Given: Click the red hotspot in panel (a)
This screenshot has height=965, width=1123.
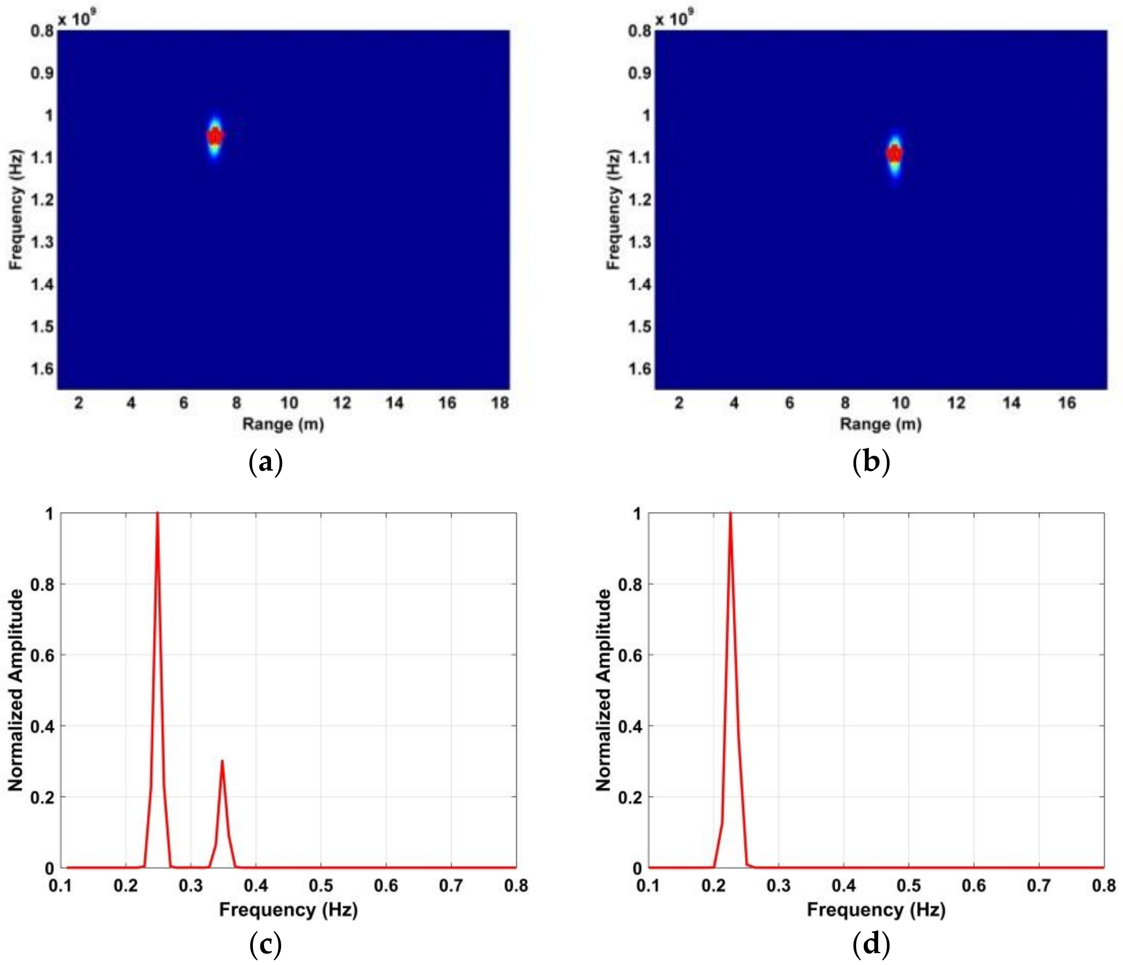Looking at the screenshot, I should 215,136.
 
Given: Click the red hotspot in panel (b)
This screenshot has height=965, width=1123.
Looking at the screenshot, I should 894,154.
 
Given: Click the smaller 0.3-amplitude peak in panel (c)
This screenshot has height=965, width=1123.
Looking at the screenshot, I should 222,762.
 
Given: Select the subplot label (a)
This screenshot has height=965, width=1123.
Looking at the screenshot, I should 265,463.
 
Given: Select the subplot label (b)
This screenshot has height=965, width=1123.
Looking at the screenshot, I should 871,463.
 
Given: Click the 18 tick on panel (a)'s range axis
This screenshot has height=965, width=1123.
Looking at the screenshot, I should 500,403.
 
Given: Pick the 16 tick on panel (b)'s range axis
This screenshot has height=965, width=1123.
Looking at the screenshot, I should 1067,403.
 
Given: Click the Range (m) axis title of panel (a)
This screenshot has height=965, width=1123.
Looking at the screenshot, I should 283,424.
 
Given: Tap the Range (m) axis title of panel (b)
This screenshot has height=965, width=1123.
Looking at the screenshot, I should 881,424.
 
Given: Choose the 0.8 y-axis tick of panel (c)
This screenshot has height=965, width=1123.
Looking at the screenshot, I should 42,584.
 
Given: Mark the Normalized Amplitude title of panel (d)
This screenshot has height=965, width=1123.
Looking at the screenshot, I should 603,690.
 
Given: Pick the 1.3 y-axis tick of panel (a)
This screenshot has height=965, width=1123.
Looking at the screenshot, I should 42,242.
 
